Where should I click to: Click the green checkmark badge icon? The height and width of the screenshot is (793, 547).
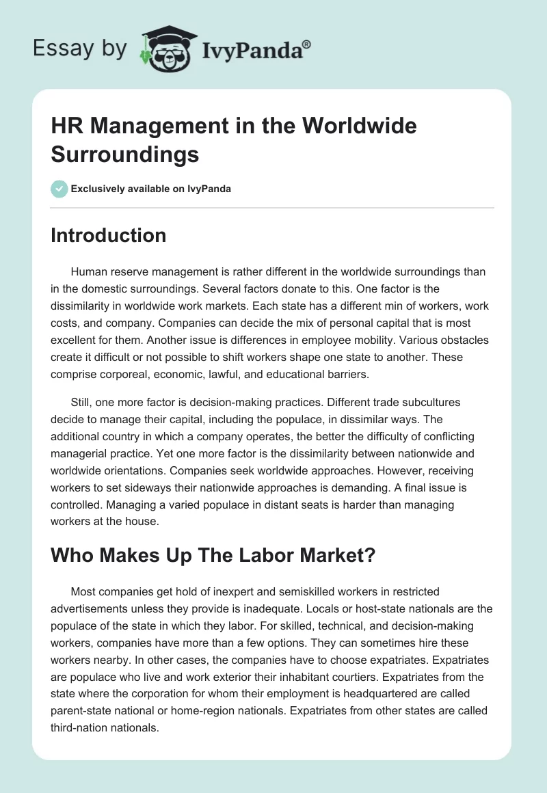pos(59,189)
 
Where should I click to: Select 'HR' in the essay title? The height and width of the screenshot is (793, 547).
pos(66,126)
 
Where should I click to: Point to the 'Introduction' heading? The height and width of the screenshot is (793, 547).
pos(109,235)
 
